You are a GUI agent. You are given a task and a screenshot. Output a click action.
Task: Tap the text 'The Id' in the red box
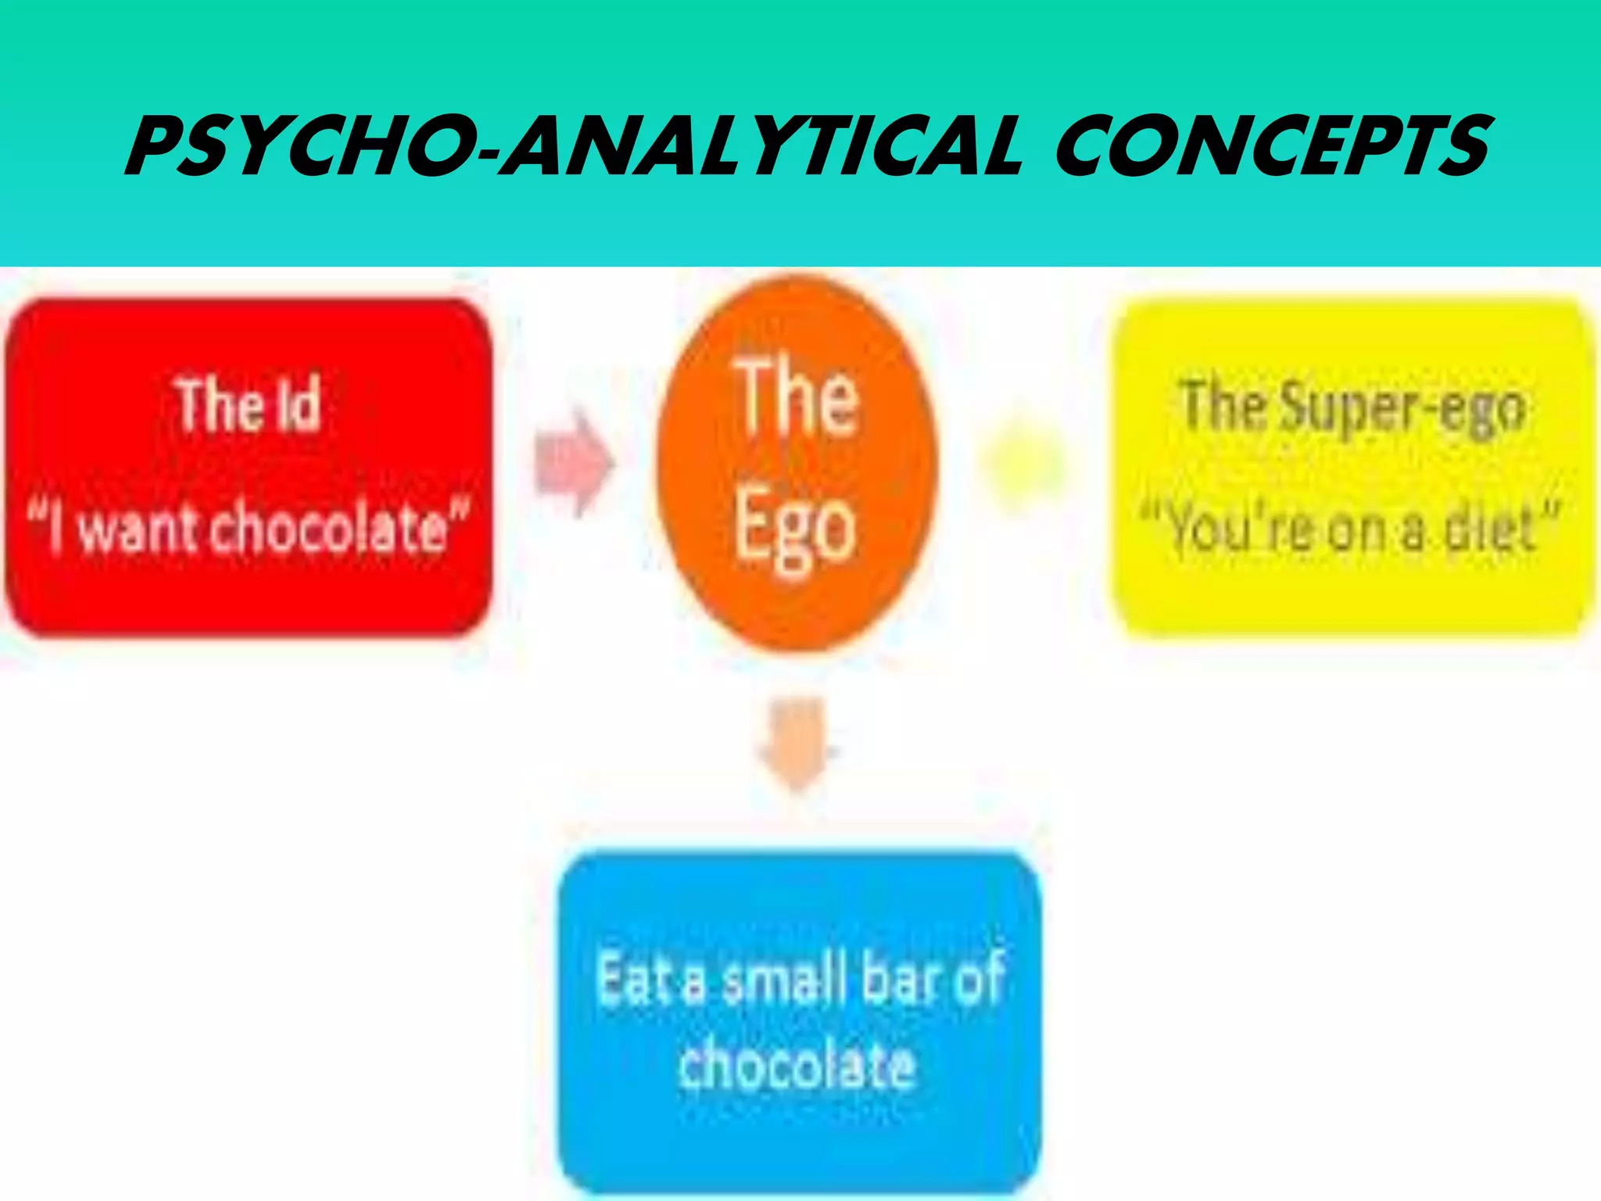point(249,405)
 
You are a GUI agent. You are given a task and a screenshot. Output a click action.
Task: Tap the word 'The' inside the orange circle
point(797,396)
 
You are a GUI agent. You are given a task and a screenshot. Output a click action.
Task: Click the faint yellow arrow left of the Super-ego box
point(1023,463)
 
